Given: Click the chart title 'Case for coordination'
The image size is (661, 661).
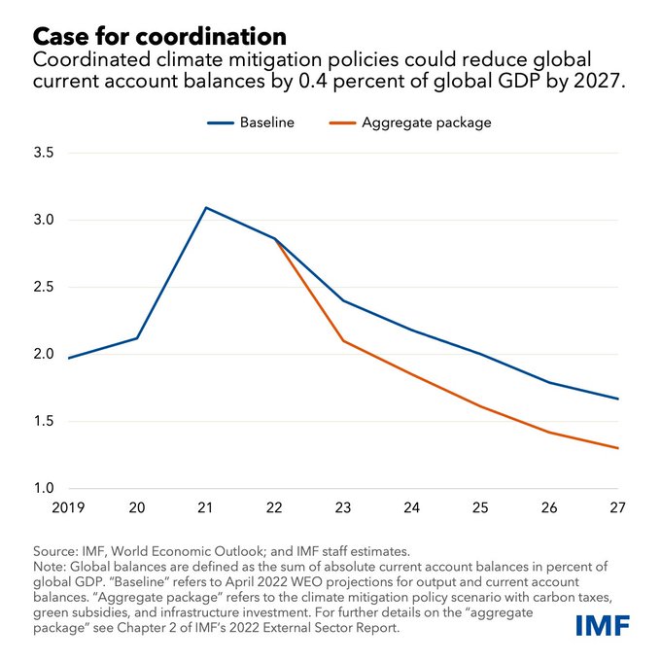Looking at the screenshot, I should click(160, 36).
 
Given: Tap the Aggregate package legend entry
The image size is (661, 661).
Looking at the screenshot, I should click(426, 122).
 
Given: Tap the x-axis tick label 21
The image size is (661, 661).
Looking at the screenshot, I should click(206, 507).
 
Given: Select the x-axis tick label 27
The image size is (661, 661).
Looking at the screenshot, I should click(617, 507).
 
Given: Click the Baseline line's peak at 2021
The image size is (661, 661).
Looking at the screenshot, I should click(206, 208).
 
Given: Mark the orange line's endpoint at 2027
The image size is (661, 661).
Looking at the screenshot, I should click(618, 448).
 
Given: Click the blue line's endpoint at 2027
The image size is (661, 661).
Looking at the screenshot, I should click(618, 399).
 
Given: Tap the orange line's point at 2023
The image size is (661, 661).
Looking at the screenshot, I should click(343, 340).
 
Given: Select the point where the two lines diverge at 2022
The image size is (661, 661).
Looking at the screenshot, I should click(275, 239).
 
